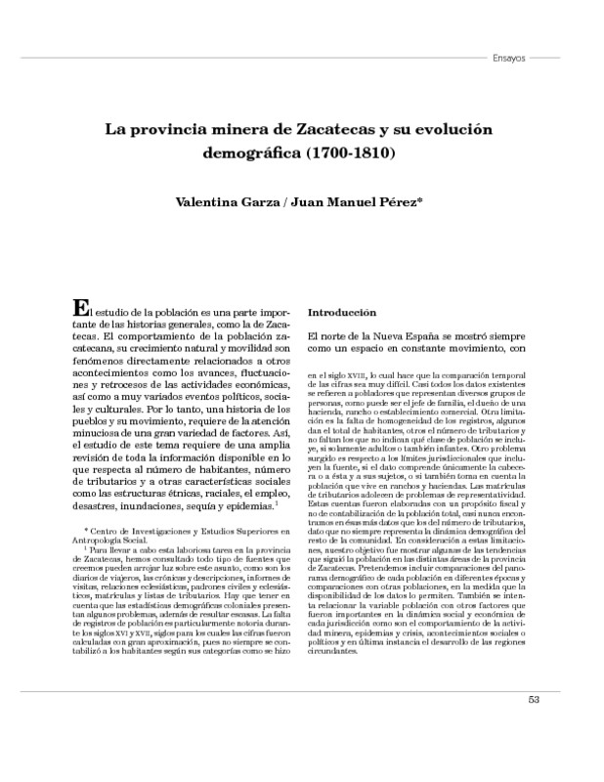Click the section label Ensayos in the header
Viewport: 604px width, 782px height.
(507, 58)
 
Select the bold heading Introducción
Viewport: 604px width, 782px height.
(342, 313)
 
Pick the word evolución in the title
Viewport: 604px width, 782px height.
(450, 129)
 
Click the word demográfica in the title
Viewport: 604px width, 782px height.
(251, 153)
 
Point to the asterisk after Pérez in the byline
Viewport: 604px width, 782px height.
(419, 201)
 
